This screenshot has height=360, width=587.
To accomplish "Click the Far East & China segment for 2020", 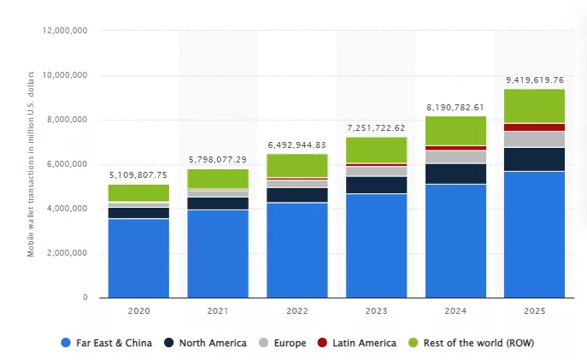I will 138,258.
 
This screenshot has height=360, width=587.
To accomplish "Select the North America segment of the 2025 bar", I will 534,159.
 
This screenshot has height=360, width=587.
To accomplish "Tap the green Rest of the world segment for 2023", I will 376,149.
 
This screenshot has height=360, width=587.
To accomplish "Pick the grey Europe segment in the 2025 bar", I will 534,139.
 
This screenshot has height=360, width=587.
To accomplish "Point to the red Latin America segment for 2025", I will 534,127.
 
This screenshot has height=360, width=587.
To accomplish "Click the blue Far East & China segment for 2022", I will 296,250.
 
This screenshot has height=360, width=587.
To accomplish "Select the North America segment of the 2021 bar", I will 217,203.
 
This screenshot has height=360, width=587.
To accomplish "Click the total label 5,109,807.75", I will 138,175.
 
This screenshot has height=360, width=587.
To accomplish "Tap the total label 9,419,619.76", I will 534,80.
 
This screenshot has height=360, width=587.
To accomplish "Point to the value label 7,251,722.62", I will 376,127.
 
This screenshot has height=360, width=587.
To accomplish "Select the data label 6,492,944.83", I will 296,145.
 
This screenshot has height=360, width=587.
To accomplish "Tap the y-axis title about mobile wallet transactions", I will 31,164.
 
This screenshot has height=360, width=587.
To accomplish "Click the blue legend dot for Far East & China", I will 66,343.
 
